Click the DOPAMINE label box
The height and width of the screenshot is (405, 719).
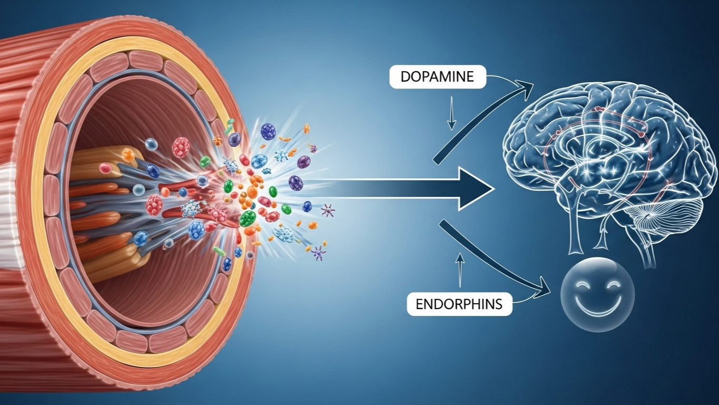coord(437,77)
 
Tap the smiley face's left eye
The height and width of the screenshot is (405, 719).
coord(584,285)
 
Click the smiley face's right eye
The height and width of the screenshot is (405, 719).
coord(614,285)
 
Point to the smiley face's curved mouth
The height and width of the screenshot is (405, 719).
coord(598,306)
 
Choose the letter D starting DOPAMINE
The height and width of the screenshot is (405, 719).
coord(404,77)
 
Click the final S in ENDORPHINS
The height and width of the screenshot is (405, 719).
coord(498,304)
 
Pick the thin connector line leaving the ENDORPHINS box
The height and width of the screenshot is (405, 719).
coord(524,301)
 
